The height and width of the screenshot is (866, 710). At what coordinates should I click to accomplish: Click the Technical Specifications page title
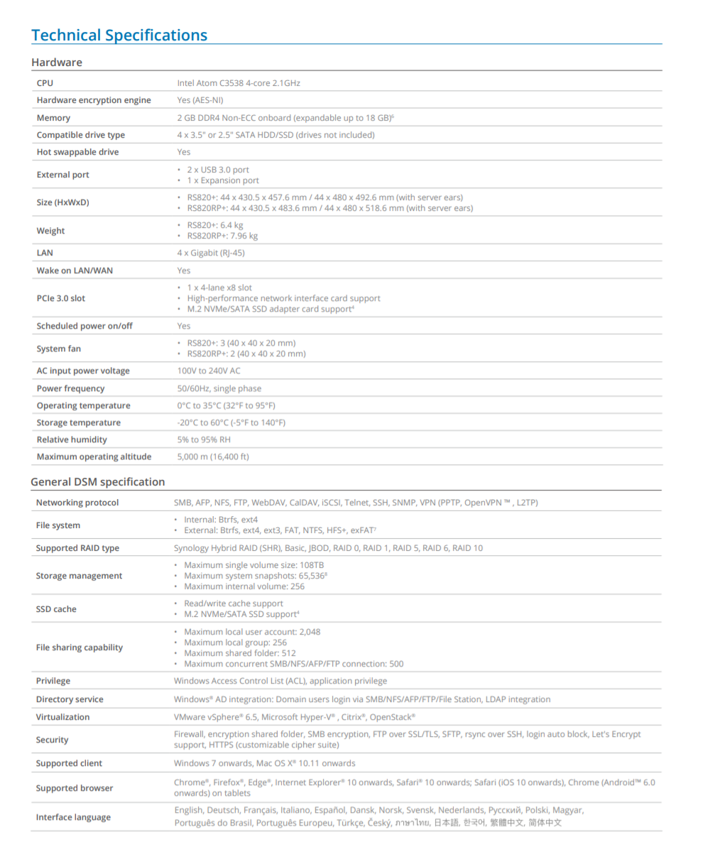[x=119, y=35]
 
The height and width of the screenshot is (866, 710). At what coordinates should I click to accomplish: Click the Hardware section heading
[x=57, y=62]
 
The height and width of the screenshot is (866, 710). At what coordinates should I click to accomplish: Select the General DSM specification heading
[x=97, y=482]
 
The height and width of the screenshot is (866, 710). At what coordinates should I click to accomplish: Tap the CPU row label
[x=45, y=83]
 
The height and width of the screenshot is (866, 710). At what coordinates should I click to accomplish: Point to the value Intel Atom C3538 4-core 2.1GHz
[x=239, y=83]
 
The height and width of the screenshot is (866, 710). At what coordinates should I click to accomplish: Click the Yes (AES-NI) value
[x=200, y=100]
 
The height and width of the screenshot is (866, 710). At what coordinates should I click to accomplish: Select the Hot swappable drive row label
[x=77, y=152]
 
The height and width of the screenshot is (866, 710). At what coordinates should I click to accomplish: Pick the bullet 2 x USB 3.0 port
[x=218, y=170]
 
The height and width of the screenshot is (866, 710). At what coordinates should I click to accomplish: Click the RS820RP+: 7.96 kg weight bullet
[x=222, y=236]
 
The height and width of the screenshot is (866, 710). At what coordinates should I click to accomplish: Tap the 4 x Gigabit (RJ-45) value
[x=211, y=253]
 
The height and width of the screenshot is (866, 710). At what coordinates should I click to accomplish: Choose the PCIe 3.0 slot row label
[x=60, y=298]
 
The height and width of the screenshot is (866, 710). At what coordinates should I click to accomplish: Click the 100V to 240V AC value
[x=209, y=371]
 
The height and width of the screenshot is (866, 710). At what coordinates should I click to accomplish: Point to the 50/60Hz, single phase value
[x=219, y=388]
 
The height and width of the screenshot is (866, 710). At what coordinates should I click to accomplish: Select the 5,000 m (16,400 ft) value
[x=213, y=456]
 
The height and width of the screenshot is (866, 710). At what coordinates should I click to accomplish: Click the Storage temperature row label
[x=78, y=422]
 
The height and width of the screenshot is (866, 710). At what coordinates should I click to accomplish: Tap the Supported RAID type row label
[x=77, y=548]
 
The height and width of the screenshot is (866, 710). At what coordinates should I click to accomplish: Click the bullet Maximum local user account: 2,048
[x=252, y=632]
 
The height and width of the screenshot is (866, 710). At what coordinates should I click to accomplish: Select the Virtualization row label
[x=62, y=717]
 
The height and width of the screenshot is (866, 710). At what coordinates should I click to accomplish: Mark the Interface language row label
[x=73, y=817]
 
